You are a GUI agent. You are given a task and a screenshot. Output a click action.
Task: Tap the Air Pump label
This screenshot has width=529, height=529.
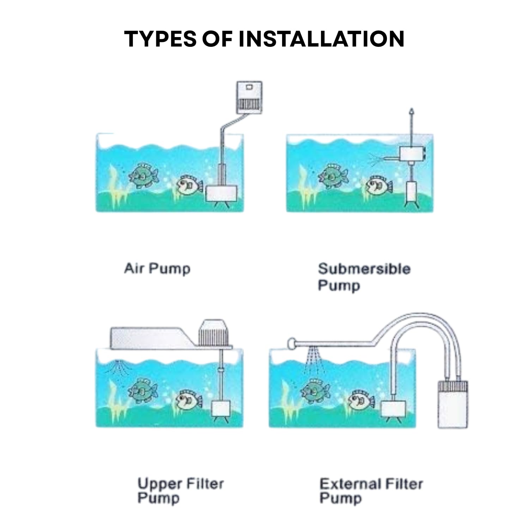pos(157,269)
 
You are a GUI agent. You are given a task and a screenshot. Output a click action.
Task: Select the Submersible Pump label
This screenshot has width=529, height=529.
pos(364,277)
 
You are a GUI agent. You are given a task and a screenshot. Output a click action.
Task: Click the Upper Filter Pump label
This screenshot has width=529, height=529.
pos(181,491)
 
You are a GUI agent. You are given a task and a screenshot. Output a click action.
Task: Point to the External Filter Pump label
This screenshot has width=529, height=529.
pos(371,491)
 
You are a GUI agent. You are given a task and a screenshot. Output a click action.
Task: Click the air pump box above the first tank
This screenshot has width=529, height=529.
pos(249,97)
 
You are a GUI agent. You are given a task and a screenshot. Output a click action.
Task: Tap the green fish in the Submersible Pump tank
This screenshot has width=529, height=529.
pos(333,175)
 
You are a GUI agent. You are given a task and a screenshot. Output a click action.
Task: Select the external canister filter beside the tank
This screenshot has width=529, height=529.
pos(453,404)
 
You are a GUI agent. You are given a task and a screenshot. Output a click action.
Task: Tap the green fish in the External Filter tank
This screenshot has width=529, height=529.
pos(315,391)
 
